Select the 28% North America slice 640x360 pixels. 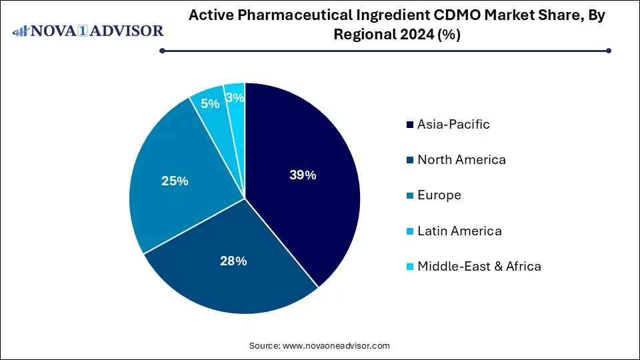(227, 273)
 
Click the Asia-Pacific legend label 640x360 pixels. (453, 124)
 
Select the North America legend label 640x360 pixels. (461, 159)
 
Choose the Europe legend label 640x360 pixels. (439, 195)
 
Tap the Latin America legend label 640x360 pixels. (459, 231)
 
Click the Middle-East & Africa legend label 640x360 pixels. (479, 266)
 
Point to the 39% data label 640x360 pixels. (303, 175)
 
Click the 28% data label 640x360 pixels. (233, 261)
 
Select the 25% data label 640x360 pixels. (175, 181)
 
